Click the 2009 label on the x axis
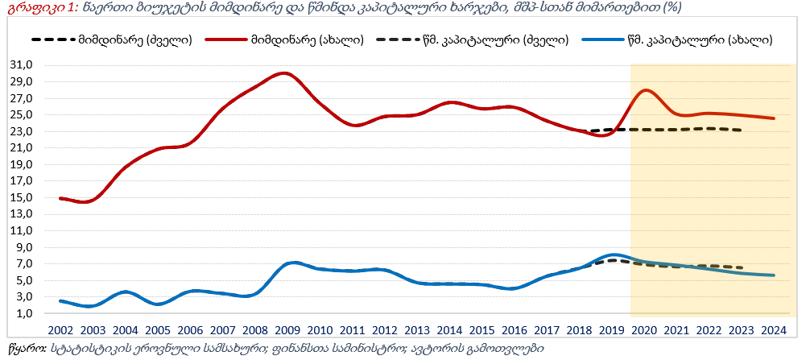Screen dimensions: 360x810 (x=288, y=330)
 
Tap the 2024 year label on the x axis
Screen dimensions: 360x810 (x=774, y=330)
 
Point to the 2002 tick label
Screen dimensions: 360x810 (x=61, y=330)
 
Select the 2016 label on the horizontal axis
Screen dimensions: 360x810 (x=515, y=330)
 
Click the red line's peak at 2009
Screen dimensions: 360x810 (x=283, y=72)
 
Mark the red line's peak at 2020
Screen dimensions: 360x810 (x=646, y=90)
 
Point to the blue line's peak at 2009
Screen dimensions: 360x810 (x=294, y=263)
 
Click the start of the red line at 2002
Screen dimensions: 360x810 (x=61, y=198)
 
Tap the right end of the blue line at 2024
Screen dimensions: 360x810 (x=774, y=275)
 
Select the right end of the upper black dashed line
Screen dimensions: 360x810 (x=742, y=130)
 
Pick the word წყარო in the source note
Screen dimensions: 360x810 (x=24, y=349)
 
